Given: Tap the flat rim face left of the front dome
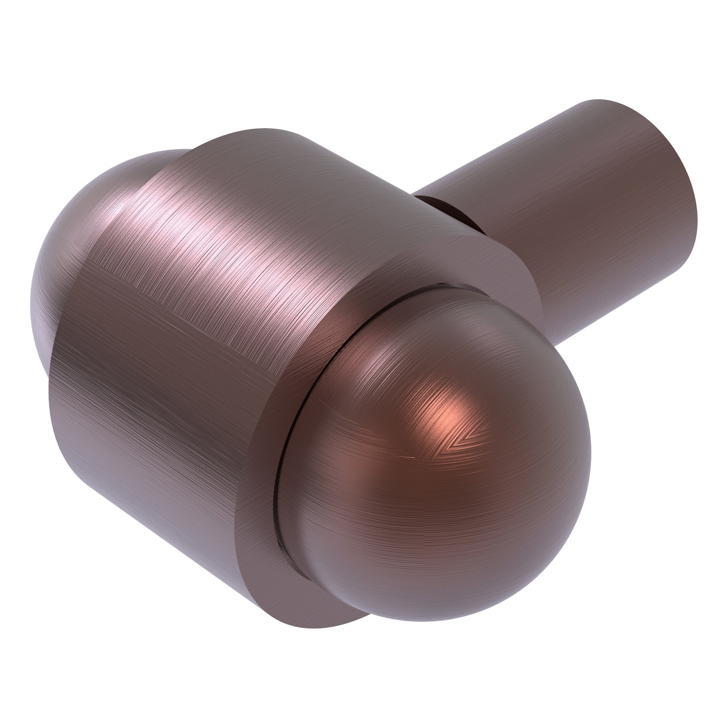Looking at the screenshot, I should [x=260, y=489].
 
